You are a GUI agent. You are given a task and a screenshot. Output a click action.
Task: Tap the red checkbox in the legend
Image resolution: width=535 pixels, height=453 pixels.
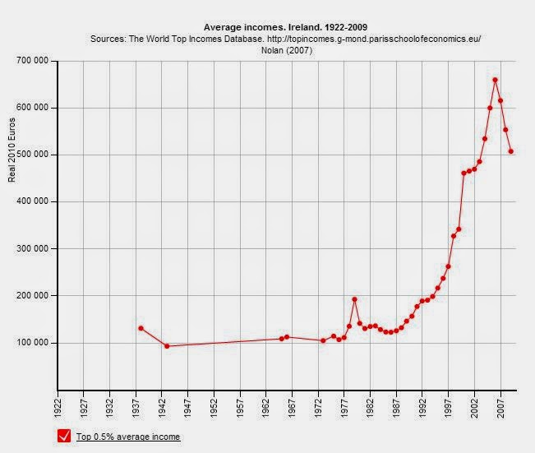click(64, 436)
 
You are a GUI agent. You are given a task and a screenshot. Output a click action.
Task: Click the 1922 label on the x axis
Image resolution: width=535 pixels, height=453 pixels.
click(58, 409)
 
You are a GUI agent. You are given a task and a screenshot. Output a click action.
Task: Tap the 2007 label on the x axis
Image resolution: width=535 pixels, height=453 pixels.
click(500, 409)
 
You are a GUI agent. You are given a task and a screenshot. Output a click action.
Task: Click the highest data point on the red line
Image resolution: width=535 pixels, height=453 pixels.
click(495, 80)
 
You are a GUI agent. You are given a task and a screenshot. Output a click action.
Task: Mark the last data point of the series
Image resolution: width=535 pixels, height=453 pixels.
click(510, 151)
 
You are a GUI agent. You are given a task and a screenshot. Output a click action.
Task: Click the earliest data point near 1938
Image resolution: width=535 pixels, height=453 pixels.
click(141, 328)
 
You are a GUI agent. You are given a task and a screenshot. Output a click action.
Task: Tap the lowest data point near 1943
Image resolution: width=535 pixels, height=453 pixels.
click(167, 346)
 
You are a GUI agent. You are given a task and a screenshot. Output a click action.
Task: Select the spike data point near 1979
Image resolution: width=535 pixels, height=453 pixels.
click(354, 299)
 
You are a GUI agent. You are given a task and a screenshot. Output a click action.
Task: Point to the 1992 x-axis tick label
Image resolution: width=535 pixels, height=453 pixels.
click(422, 409)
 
